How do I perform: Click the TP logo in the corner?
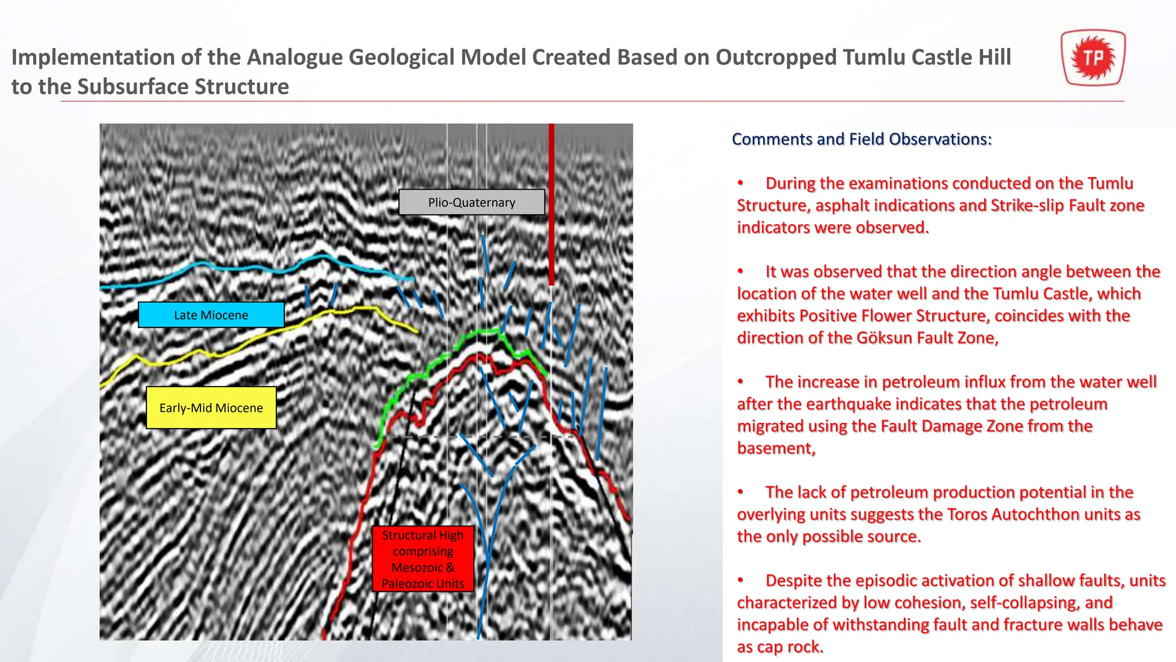(1093, 58)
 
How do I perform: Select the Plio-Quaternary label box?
(471, 202)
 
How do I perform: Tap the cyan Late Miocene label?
(211, 315)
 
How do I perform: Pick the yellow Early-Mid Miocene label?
(211, 408)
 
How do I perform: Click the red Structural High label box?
(423, 559)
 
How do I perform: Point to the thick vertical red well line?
(551, 204)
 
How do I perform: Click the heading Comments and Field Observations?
(861, 139)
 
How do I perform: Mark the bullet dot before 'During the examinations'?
(741, 183)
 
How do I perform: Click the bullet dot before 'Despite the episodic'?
(741, 580)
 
